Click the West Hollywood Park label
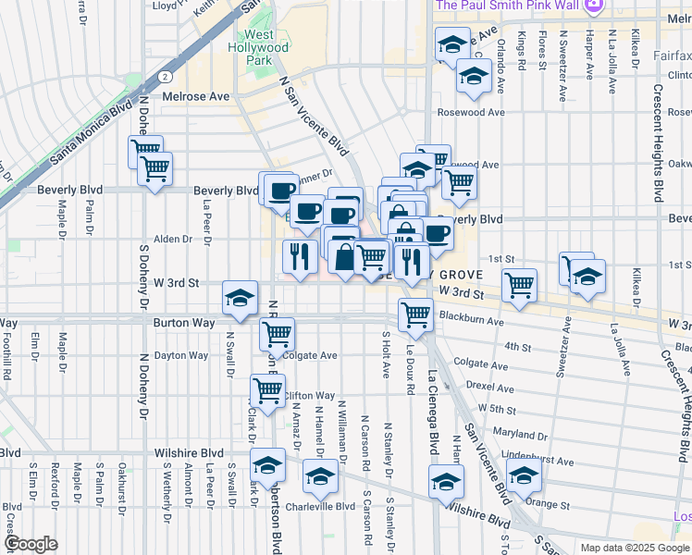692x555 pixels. (259, 47)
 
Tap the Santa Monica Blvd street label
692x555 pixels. (91, 134)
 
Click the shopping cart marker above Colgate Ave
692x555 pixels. (277, 333)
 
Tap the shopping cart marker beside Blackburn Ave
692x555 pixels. (415, 314)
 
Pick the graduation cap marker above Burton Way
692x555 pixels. (240, 298)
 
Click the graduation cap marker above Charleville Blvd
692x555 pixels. (320, 475)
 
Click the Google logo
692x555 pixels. (31, 544)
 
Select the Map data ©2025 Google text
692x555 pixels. (634, 547)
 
